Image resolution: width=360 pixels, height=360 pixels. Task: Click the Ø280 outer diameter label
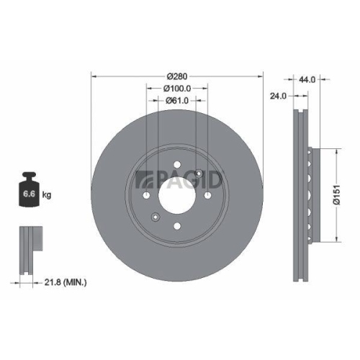point(178,76)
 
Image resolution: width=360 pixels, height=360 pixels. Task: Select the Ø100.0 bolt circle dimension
point(178,88)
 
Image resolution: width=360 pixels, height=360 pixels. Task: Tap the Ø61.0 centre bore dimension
point(178,100)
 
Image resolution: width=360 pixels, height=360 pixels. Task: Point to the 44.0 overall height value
point(308,80)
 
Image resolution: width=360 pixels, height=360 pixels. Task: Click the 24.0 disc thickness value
point(277,94)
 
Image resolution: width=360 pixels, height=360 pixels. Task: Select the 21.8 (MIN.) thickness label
point(66,284)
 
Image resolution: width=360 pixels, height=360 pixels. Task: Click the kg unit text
point(46,195)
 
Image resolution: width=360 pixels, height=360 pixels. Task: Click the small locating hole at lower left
point(154,217)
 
